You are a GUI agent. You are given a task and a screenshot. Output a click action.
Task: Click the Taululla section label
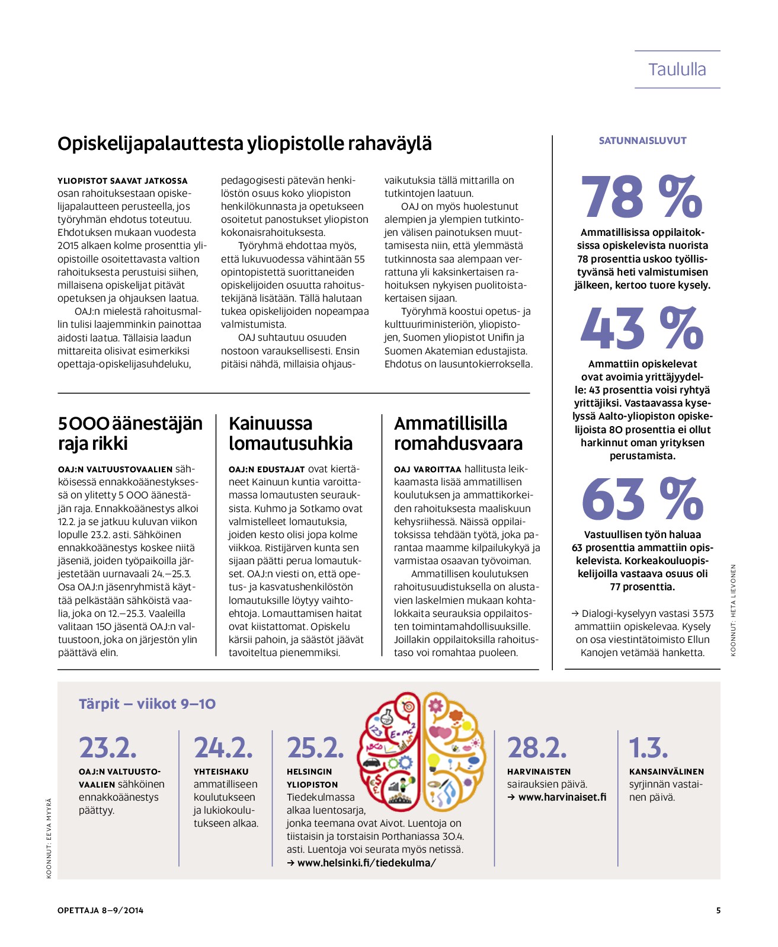click(677, 69)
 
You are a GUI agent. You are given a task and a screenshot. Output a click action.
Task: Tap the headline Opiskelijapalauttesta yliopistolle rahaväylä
click(244, 143)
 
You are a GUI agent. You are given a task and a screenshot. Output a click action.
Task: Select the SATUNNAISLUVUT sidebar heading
click(642, 141)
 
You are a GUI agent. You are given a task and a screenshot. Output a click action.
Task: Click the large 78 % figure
click(642, 197)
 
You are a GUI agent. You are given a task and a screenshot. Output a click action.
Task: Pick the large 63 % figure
click(642, 499)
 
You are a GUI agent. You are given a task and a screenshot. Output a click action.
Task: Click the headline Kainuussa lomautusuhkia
click(290, 433)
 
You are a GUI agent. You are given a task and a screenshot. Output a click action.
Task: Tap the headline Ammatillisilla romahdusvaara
click(458, 433)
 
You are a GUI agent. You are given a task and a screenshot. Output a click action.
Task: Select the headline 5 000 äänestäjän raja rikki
click(130, 433)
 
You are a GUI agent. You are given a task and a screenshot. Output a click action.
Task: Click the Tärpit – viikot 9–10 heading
click(147, 704)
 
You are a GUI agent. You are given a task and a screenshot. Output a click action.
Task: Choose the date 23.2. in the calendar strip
click(108, 747)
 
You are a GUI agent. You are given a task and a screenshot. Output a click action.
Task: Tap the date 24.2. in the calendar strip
click(223, 747)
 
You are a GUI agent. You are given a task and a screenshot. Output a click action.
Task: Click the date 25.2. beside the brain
click(315, 747)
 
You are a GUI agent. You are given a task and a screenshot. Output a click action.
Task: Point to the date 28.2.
click(537, 747)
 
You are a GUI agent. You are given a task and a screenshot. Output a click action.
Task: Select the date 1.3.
click(648, 747)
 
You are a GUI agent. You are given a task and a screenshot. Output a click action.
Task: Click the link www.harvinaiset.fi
click(562, 797)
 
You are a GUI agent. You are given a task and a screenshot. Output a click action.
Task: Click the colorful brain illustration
click(422, 751)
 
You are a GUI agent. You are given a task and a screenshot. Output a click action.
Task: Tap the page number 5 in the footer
click(718, 910)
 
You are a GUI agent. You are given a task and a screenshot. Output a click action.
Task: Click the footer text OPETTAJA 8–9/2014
click(100, 910)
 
